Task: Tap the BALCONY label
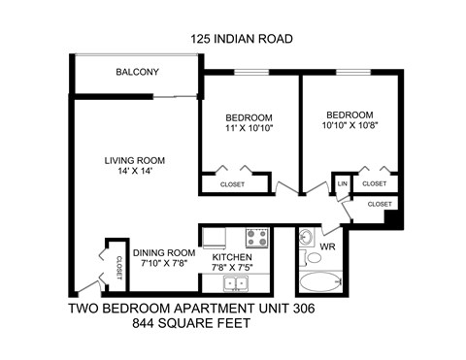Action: tap(137, 73)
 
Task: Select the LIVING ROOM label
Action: tap(135, 160)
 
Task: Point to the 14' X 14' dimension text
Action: tap(135, 172)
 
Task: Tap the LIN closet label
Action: tap(342, 183)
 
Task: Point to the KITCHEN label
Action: tap(233, 257)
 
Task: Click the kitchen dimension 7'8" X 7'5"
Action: tap(233, 269)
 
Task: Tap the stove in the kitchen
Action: tap(257, 237)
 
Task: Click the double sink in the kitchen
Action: tap(235, 284)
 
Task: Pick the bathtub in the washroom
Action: tap(320, 284)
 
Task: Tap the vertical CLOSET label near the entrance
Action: tap(118, 266)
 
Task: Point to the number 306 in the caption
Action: tap(300, 310)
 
